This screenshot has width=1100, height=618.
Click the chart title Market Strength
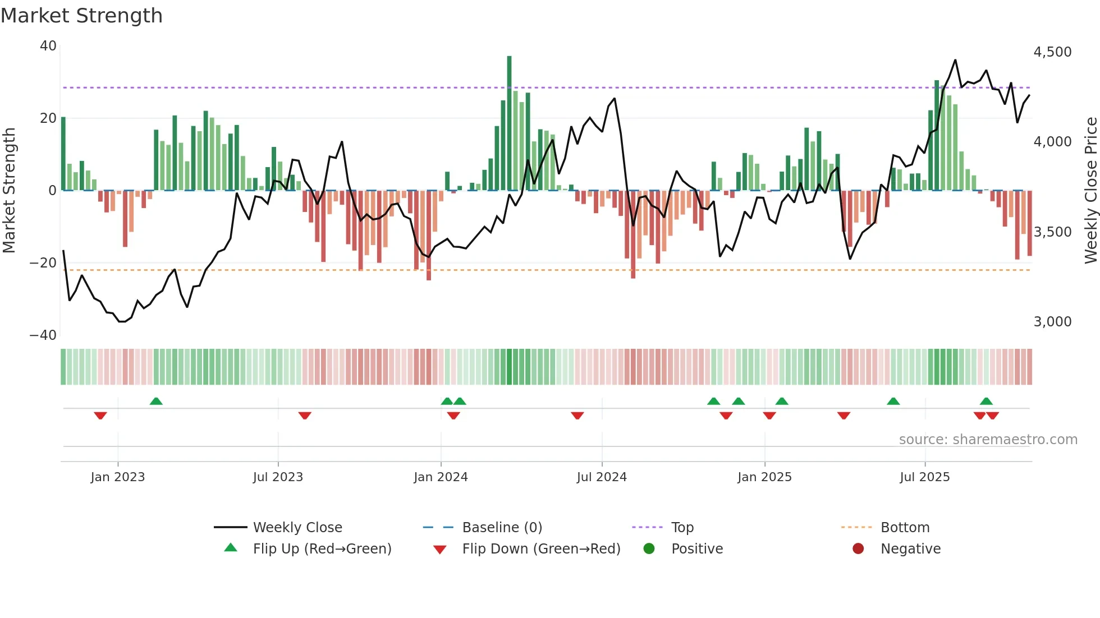tap(81, 16)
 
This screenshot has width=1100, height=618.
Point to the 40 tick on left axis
tap(48, 46)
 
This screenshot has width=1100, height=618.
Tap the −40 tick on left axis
tap(43, 335)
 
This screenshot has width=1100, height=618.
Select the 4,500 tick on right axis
tap(1052, 52)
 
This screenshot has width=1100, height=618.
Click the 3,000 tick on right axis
tap(1052, 322)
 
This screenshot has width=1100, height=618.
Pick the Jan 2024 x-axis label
tap(441, 477)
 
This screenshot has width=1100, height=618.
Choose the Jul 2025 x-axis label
tap(924, 477)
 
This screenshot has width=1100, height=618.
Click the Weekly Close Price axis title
tap(1090, 190)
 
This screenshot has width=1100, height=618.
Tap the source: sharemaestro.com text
tap(988, 440)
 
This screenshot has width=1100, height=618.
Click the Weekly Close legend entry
tap(297, 528)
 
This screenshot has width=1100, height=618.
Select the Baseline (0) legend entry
tap(502, 528)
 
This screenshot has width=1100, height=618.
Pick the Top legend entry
tap(682, 528)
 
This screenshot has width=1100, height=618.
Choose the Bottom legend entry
tap(905, 528)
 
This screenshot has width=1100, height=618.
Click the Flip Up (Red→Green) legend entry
tap(322, 549)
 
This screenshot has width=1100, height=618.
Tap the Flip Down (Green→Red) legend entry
tap(541, 549)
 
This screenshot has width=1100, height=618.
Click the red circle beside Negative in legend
tap(858, 549)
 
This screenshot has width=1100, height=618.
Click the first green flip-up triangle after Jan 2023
tap(156, 402)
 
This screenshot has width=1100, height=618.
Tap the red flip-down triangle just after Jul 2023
tap(305, 416)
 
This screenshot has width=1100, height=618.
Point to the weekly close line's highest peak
tap(955, 61)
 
